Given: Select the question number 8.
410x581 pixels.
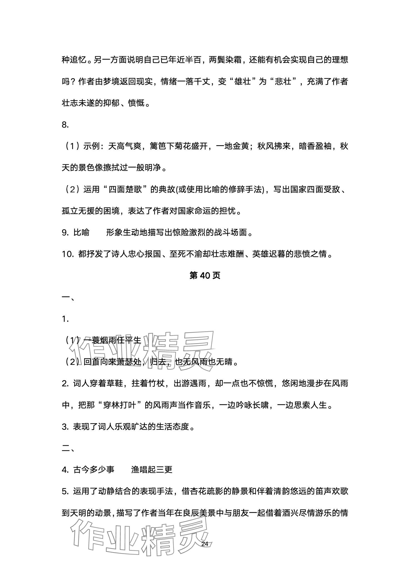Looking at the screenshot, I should pos(65,125).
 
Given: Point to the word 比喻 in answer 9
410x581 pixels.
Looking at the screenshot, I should pos(81,232).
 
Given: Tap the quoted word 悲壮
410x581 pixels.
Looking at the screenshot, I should pos(284,82).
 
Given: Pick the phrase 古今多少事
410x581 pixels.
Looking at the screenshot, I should pos(94,469).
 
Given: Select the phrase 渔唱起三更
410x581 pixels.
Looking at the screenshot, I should pos(152,469).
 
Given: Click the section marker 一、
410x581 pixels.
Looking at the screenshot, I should pos(68,298).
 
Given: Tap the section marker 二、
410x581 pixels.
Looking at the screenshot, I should pos(68,448).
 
